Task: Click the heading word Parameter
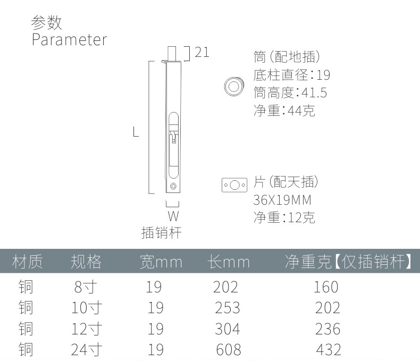tap(69, 40)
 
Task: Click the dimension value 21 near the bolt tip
tap(201, 52)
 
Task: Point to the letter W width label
tap(173, 216)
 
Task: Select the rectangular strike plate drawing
tap(234, 185)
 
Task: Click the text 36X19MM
tap(282, 200)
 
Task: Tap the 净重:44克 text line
tap(284, 111)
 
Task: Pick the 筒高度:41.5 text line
tap(290, 93)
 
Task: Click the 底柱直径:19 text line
tap(292, 75)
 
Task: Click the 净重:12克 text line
tap(284, 217)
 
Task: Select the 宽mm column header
tap(161, 262)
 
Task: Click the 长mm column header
tap(229, 262)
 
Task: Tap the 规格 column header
tap(86, 262)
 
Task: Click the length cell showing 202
tap(225, 287)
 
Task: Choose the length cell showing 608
tap(229, 349)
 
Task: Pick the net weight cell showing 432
tap(328, 349)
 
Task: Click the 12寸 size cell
tap(86, 329)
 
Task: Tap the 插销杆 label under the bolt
tap(161, 233)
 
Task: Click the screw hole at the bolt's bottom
tap(174, 186)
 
